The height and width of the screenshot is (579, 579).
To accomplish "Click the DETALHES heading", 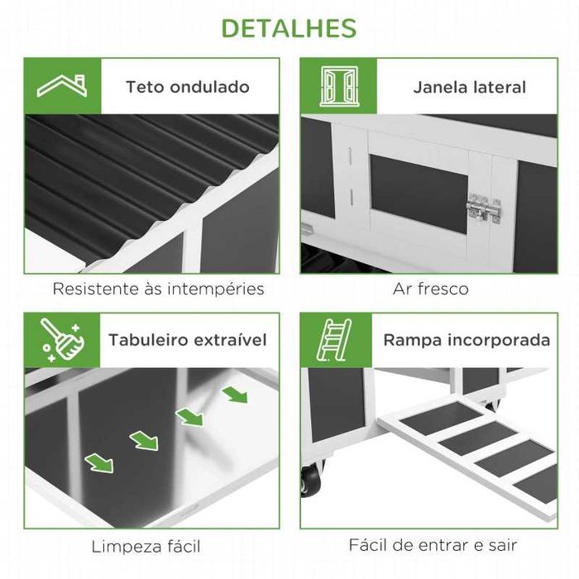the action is click(289, 28).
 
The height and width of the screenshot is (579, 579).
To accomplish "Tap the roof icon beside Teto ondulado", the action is click(62, 86).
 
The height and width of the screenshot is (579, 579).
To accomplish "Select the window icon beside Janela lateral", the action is click(339, 86).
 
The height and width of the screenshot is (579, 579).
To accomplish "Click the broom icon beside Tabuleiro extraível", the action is click(63, 340).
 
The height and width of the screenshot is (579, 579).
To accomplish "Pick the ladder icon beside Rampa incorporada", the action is click(334, 340).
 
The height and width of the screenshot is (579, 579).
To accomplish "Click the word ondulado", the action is click(210, 87).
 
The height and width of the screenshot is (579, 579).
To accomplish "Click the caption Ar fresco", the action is click(431, 289).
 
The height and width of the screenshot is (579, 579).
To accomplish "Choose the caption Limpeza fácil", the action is click(146, 547).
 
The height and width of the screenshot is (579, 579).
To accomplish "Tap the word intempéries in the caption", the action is click(216, 289).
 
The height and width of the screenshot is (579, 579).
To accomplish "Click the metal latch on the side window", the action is click(483, 208).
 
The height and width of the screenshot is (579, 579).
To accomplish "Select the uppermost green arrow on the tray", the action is click(235, 395).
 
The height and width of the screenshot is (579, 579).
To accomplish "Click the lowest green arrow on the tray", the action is click(99, 463).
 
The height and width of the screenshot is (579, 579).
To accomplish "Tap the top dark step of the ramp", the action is click(442, 416).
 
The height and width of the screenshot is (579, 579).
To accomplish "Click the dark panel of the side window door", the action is click(419, 194).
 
